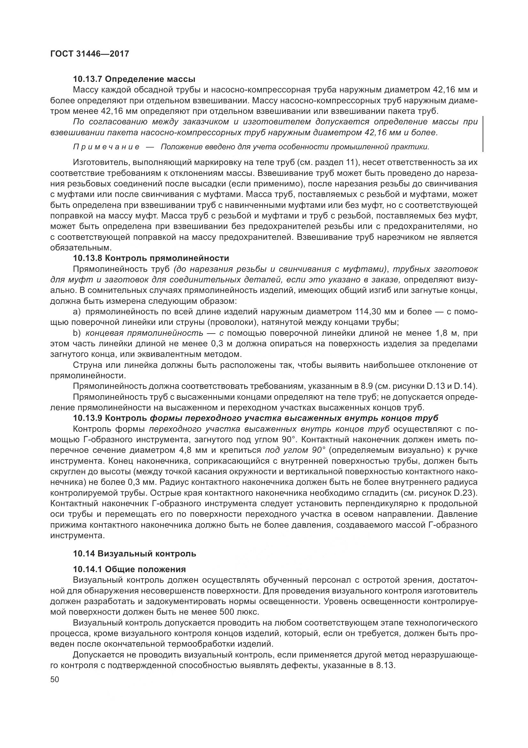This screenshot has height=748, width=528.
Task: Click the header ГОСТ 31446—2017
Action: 89,54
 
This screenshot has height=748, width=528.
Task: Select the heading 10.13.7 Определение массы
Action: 134,79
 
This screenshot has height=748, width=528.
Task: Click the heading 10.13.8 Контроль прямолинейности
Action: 151,258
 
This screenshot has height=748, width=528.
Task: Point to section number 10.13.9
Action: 87,418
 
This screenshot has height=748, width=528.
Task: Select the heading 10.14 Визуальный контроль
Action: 134,554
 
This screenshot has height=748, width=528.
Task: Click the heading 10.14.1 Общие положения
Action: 129,570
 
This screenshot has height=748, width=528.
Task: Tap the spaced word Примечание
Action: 106,147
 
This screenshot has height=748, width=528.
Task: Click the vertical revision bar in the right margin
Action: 483,134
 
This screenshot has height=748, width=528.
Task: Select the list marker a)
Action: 77,312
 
